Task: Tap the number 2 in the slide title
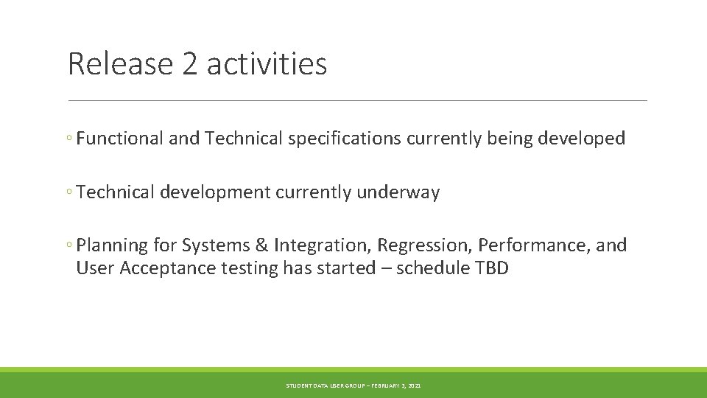[x=189, y=64]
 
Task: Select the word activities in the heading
[x=267, y=64]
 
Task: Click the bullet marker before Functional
[x=68, y=139]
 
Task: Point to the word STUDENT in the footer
[x=299, y=385]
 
